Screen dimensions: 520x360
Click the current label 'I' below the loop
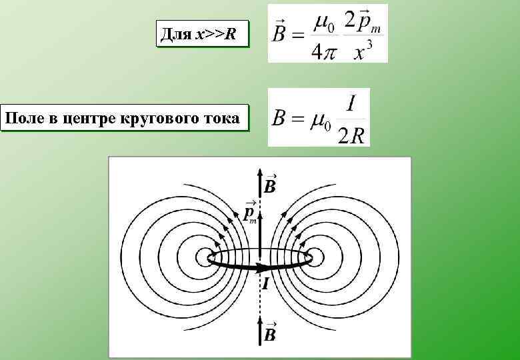coord(265,285)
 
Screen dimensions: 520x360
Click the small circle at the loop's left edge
coord(204,257)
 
